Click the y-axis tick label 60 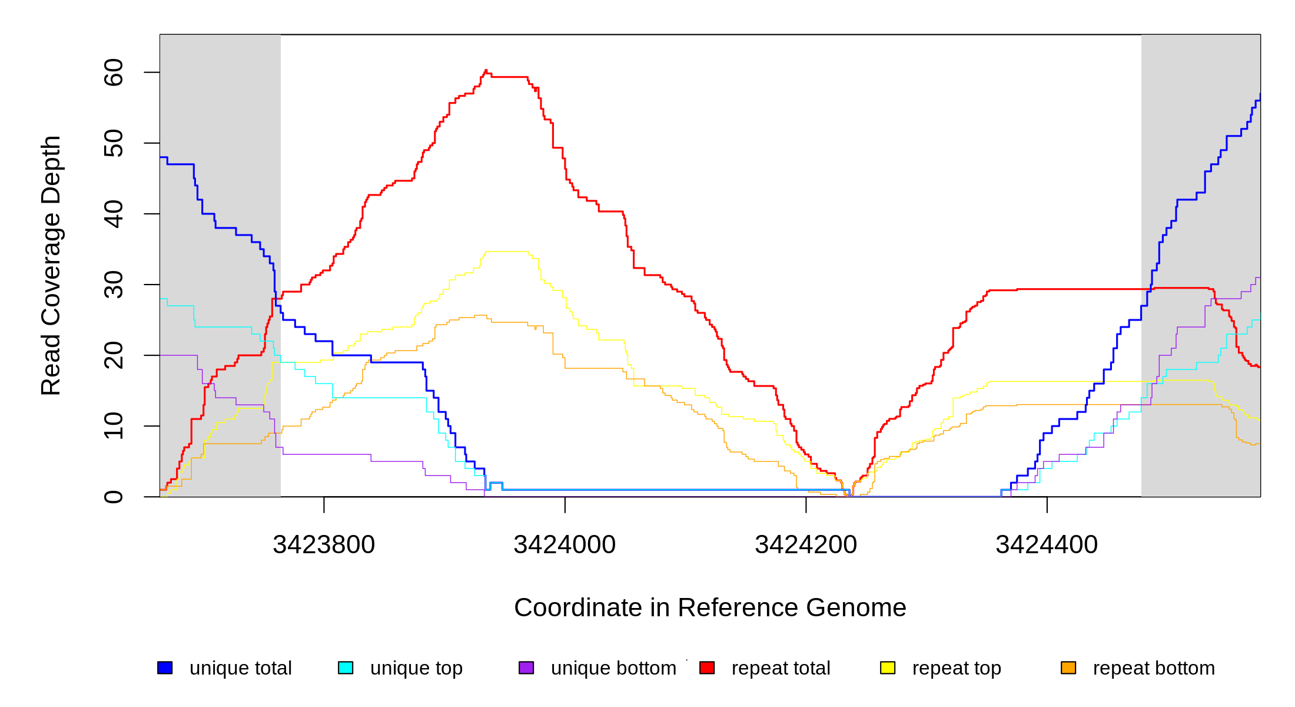point(113,72)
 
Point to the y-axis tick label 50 point(113,143)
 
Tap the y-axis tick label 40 point(113,214)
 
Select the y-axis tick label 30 point(113,285)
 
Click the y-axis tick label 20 point(113,355)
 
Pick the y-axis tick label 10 point(113,426)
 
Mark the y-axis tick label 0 point(113,497)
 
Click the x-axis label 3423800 point(324,544)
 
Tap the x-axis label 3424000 point(565,544)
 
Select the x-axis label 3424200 point(806,544)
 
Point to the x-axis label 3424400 point(1047,544)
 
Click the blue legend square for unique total point(165,668)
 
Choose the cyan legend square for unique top point(346,668)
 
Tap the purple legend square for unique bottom point(526,668)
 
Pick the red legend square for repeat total point(707,668)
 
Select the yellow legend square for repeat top point(888,668)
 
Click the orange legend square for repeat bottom point(1068,668)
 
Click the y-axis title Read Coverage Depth point(51,265)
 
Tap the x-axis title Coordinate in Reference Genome point(710,607)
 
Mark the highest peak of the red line point(486,70)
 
